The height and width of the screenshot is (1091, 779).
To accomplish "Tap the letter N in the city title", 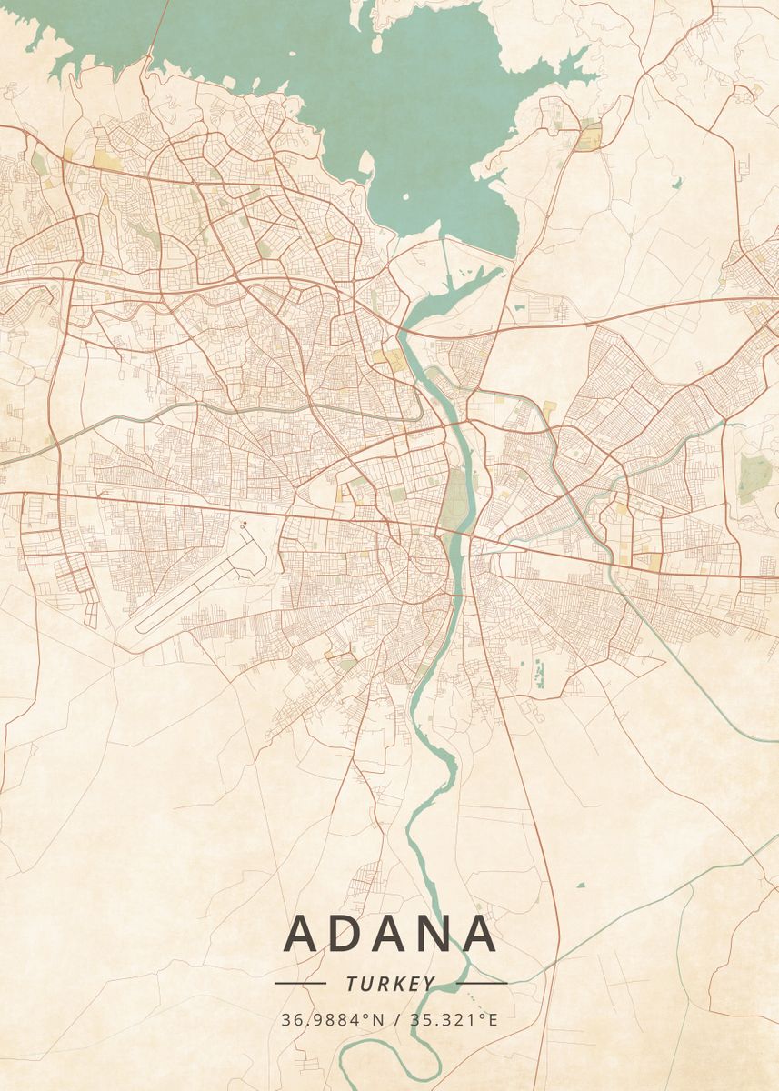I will pyautogui.click(x=434, y=934).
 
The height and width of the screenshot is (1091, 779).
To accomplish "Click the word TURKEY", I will pyautogui.click(x=390, y=984).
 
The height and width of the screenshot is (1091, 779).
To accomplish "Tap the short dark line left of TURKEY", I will pyautogui.click(x=300, y=983).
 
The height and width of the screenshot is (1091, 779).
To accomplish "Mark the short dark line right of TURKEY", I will pyautogui.click(x=481, y=983).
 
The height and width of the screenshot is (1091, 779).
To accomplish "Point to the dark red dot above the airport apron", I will pyautogui.click(x=243, y=524).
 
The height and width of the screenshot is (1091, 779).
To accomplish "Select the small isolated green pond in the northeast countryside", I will pyautogui.click(x=677, y=183).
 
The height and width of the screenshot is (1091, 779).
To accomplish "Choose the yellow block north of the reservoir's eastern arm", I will pyautogui.click(x=590, y=139).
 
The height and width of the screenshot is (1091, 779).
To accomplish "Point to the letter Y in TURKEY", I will pyautogui.click(x=428, y=984).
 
